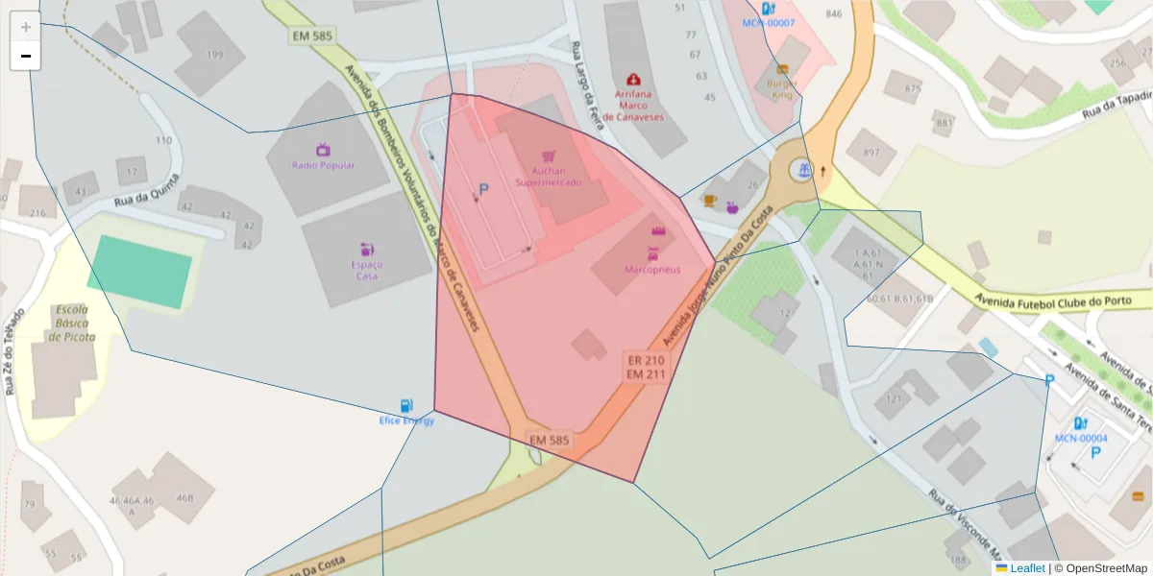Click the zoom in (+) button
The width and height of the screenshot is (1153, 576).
pos(25,27)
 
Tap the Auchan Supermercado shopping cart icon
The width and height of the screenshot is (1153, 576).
pos(548,156)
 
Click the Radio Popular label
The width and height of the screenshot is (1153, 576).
pos(323,165)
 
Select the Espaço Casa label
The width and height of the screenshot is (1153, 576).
pos(366,270)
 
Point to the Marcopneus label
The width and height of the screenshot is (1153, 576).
pos(651,270)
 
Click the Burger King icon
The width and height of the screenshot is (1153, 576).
pos(782,69)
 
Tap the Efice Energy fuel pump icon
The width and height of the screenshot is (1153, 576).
pos(406,406)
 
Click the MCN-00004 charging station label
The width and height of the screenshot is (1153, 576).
pos(1081,439)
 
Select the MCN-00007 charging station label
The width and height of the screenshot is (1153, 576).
pos(768,22)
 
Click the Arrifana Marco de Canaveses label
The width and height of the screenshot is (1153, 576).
pos(632,105)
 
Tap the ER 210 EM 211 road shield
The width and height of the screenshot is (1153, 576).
pos(646,367)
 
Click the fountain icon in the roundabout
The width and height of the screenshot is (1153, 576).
pos(801,170)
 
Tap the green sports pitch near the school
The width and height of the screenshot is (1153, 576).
pos(139,272)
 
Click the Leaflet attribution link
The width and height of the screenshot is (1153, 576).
pos(1026,568)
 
